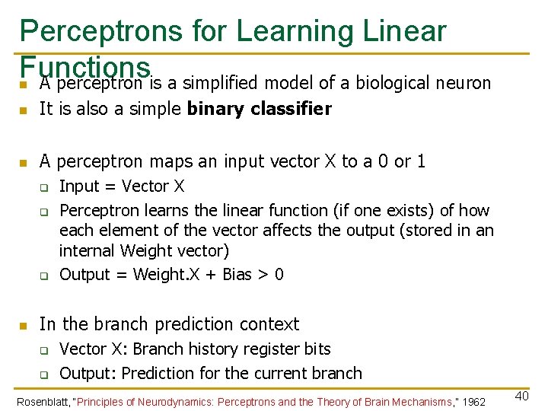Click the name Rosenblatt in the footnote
(43, 402)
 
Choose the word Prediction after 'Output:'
(159, 374)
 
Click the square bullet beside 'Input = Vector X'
(44, 187)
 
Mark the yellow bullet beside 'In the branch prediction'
(24, 326)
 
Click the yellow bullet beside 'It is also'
(24, 110)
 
